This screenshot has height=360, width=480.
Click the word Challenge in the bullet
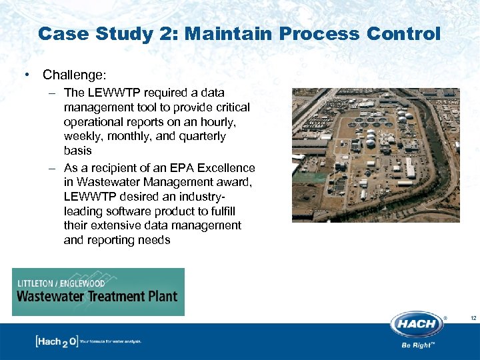click(x=74, y=75)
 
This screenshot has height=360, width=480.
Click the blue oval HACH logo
click(x=417, y=325)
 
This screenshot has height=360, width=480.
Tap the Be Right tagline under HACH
click(x=417, y=346)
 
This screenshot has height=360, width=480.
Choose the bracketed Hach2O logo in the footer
click(x=56, y=341)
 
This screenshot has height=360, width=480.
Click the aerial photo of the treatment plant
click(x=375, y=155)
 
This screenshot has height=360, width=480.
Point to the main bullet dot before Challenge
click(x=25, y=75)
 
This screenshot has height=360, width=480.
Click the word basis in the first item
click(x=77, y=151)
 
